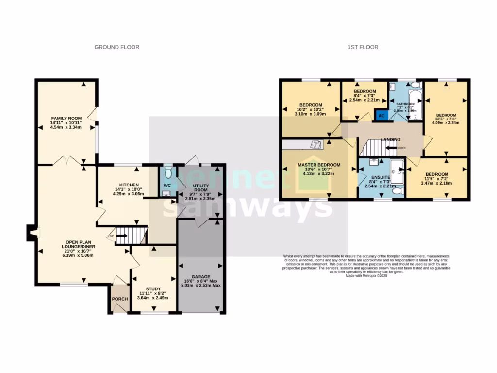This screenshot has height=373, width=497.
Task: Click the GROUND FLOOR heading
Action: click(116, 47)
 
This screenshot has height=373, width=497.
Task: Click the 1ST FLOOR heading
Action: click(363, 47)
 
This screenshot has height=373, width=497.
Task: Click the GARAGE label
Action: click(200, 276)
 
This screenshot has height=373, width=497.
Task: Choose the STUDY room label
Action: click(153, 288)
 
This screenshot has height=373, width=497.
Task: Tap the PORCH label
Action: click(119, 299)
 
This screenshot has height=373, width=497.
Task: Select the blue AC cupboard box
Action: click(381, 116)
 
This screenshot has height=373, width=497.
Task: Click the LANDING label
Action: click(390, 140)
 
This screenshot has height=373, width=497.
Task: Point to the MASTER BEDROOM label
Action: click(319, 165)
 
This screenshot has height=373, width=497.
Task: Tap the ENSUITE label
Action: click(381, 177)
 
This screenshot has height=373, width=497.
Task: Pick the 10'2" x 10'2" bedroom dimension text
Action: click(311, 110)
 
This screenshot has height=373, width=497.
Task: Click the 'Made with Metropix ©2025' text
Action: click(366, 276)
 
